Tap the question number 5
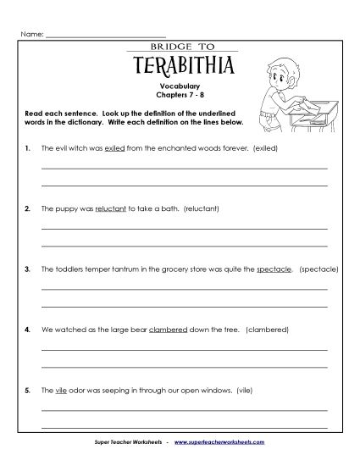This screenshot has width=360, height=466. click(x=28, y=390)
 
